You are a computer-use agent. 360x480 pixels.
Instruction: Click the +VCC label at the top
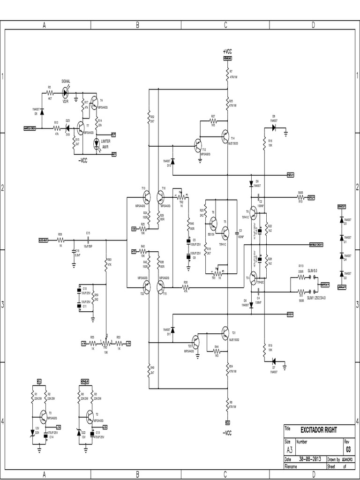pos(227,52)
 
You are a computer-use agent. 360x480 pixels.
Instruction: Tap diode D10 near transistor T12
pos(173,161)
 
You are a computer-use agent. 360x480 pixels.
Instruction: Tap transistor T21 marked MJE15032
pos(225,332)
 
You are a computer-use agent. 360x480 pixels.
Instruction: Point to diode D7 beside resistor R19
pos(274,360)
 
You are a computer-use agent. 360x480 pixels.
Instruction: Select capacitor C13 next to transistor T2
pos(91,434)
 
